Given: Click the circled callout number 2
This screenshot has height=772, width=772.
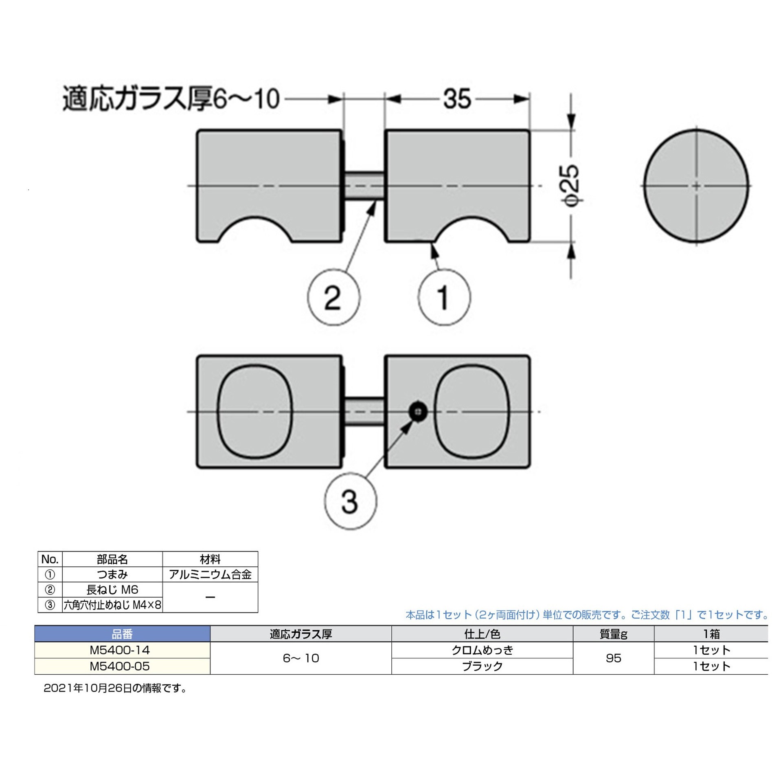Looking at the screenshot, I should [333, 298].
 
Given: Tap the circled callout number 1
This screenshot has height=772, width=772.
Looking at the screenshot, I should [444, 298].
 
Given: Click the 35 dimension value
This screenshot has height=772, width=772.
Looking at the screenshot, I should [457, 99].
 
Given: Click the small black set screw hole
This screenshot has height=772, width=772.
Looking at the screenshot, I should [418, 412].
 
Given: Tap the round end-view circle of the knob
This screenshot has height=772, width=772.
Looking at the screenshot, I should [696, 186].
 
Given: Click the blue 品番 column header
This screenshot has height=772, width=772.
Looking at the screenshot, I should [122, 634].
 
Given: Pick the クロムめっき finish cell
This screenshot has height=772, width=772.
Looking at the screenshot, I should [482, 650].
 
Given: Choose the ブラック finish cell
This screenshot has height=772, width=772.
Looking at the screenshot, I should [482, 667].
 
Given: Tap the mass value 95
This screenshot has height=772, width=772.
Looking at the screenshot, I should [613, 658].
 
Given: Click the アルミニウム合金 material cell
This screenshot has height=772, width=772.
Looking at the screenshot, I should [210, 575].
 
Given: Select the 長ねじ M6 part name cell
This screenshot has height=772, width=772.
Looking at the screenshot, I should [112, 590].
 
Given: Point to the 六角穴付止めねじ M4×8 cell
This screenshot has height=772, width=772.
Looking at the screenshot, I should [112, 605].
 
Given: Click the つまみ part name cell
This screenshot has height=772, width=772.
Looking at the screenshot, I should [112, 575].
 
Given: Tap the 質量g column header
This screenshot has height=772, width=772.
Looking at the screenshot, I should [613, 634].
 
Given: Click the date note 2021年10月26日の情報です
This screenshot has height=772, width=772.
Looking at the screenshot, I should [115, 689].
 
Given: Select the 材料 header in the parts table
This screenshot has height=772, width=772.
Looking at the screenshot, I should [210, 559].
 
